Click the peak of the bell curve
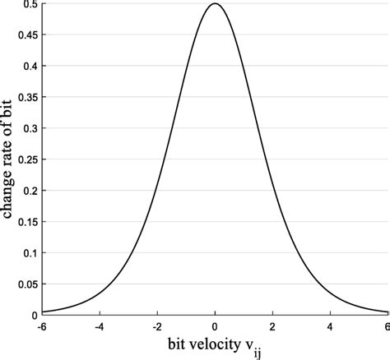coord(215,4)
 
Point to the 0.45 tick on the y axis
coord(26,35)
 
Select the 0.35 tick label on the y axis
coord(26,98)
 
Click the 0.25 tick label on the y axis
coord(26,159)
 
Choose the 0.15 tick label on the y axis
coord(26,222)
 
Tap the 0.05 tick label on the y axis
coord(26,284)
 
